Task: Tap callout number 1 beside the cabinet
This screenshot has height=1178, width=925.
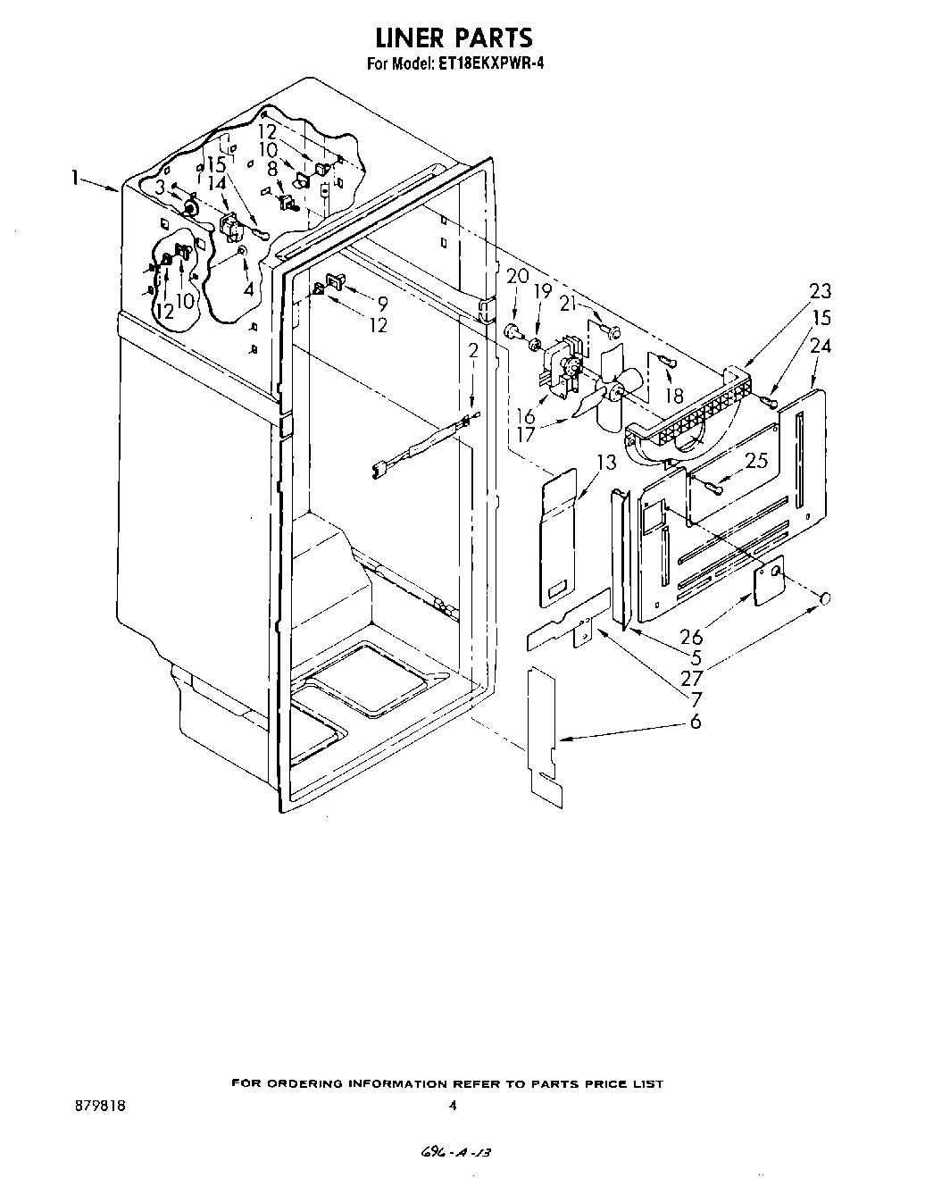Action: point(79,178)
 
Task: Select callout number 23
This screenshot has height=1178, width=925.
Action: point(820,290)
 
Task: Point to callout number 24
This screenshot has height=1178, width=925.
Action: point(820,345)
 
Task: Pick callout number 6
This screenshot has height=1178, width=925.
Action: point(695,721)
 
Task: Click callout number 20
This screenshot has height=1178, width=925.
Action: point(517,276)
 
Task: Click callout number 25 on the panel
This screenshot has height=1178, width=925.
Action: point(755,461)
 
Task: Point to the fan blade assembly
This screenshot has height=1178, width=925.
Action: point(615,386)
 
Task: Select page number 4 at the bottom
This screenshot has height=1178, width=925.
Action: point(453,1105)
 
